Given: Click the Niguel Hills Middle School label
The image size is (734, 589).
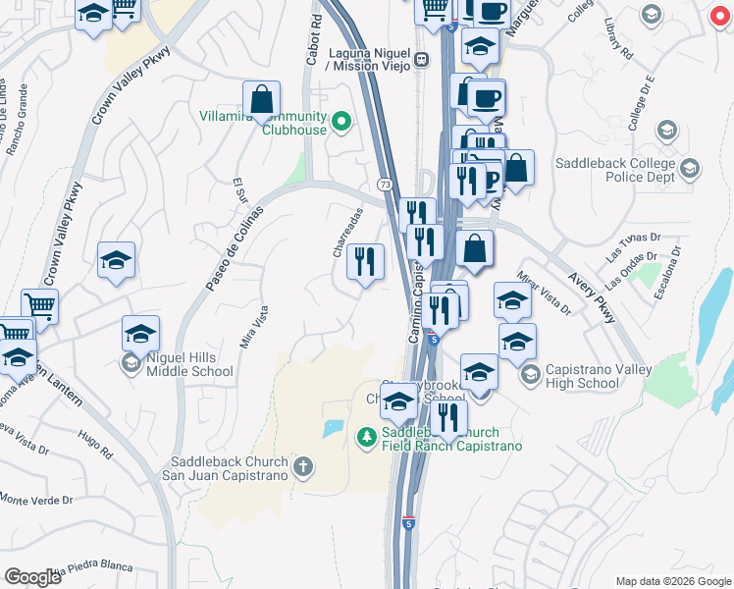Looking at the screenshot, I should pyautogui.click(x=190, y=364).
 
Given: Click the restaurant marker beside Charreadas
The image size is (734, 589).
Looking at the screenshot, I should pyautogui.click(x=365, y=262).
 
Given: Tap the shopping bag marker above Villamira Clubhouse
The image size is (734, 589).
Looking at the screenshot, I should pyautogui.click(x=262, y=99).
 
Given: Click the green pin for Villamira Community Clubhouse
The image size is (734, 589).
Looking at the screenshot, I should pyautogui.click(x=341, y=122).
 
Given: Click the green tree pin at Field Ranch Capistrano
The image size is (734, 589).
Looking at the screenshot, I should pyautogui.click(x=366, y=435).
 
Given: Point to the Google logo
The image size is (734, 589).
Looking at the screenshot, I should pyautogui.click(x=33, y=577).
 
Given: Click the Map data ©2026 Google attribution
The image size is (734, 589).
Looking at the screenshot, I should pyautogui.click(x=672, y=581).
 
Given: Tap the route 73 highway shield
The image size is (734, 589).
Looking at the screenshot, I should pyautogui.click(x=386, y=185).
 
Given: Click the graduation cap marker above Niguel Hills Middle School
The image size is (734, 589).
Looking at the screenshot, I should pyautogui.click(x=140, y=334).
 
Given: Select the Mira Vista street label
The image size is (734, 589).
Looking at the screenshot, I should pyautogui.click(x=254, y=328).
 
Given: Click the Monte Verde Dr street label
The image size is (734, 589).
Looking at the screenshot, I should pyautogui.click(x=36, y=500).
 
